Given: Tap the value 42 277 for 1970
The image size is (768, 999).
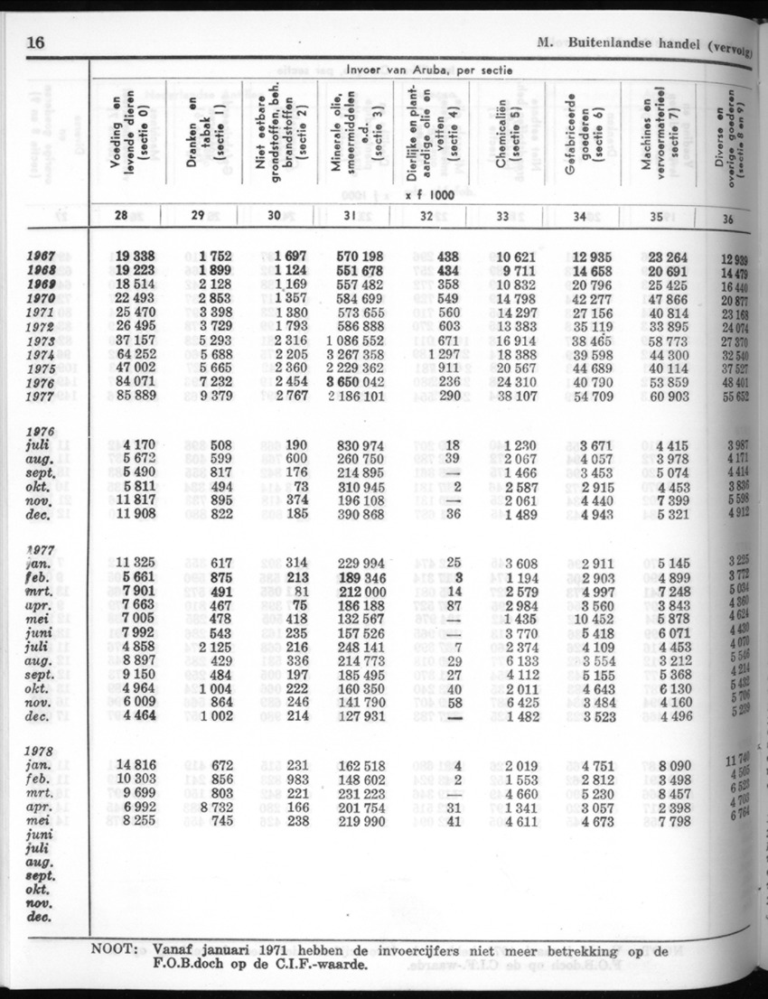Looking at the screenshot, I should pyautogui.click(x=590, y=298).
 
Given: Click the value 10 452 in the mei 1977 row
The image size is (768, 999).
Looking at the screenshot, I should pyautogui.click(x=595, y=618).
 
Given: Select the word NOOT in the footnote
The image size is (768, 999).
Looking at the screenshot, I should pyautogui.click(x=114, y=950).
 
